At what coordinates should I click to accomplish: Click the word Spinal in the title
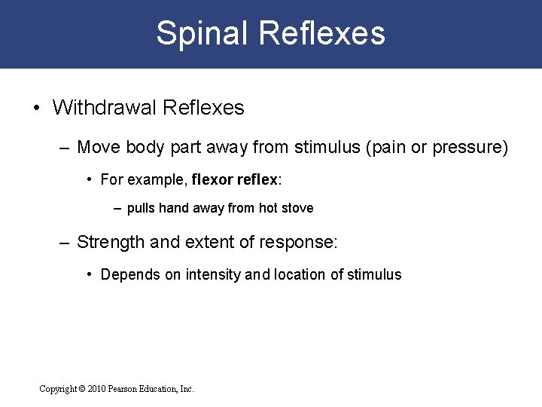201,33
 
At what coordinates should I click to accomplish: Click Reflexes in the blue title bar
321,33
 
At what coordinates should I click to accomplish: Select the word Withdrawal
106,108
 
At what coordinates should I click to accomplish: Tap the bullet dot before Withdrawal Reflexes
37,108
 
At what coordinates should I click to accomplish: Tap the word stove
297,208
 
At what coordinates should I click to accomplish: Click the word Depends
130,274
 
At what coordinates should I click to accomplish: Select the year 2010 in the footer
96,389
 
